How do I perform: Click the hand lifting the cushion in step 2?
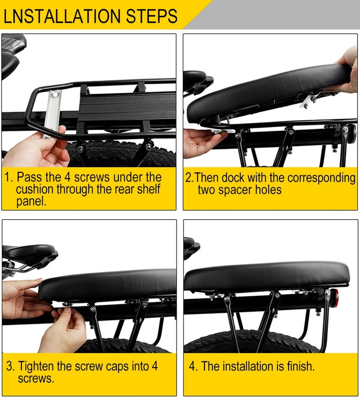coord(346,68)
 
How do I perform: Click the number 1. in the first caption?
coord(9,176)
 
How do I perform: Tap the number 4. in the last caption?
coord(193,366)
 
